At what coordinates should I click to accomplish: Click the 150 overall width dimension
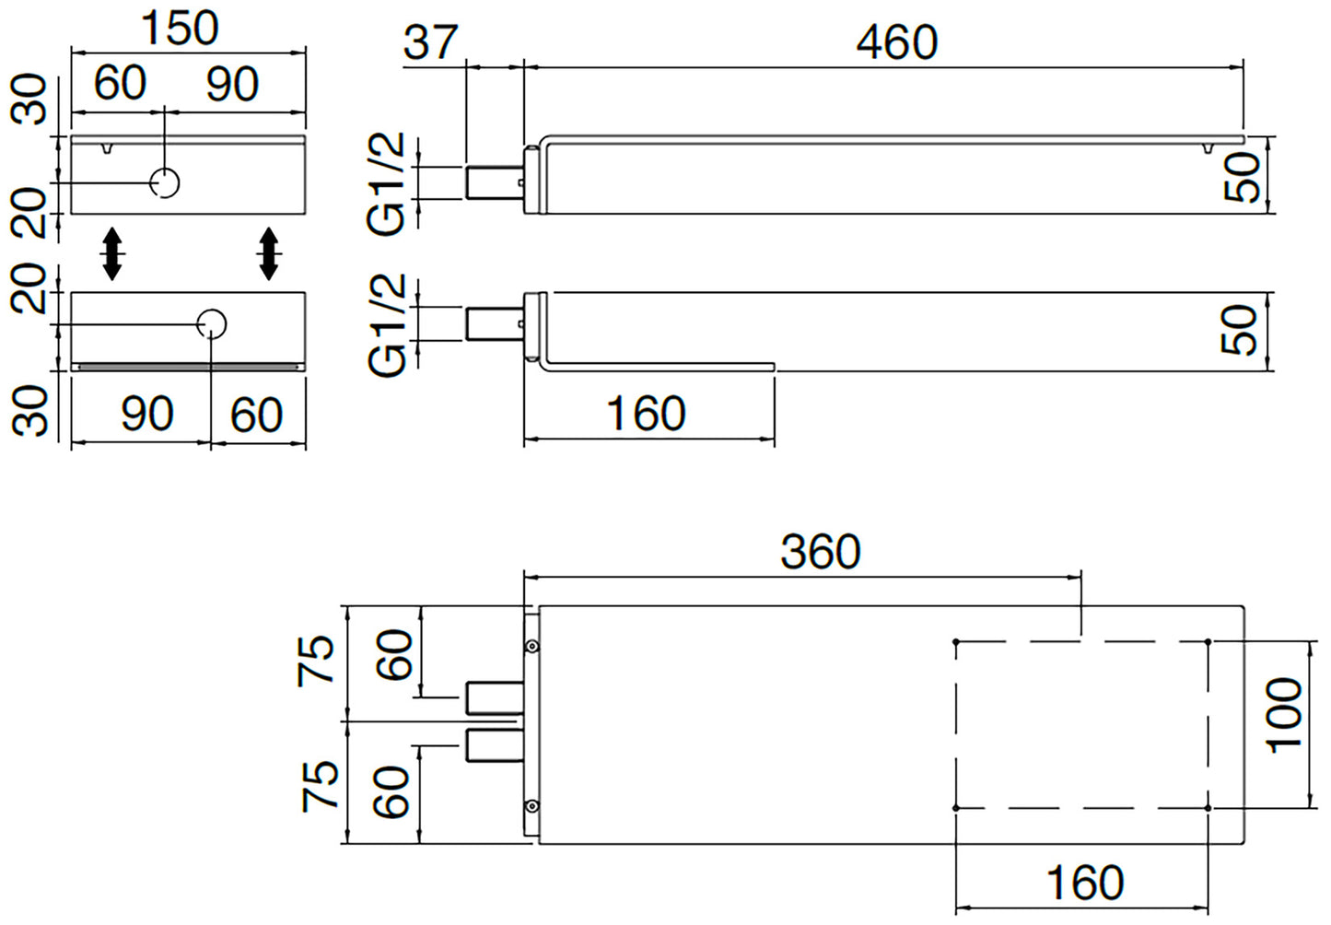(181, 28)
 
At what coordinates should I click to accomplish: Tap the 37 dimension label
(430, 42)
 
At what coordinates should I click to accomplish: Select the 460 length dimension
(896, 42)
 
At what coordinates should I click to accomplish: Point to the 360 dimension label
(820, 552)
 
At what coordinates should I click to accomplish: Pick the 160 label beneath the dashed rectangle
(1085, 883)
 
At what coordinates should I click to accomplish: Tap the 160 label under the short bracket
(646, 414)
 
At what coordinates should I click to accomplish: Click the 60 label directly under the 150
(120, 83)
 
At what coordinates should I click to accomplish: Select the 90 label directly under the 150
(232, 85)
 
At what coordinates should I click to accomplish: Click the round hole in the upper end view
(166, 182)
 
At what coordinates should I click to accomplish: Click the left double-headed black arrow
(111, 253)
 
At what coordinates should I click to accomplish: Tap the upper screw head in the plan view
(531, 646)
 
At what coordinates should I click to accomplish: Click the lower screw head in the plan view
(531, 806)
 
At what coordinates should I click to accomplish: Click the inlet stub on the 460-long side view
(494, 181)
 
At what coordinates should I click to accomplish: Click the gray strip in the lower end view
(189, 366)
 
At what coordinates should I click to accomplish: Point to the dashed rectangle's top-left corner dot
(957, 641)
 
